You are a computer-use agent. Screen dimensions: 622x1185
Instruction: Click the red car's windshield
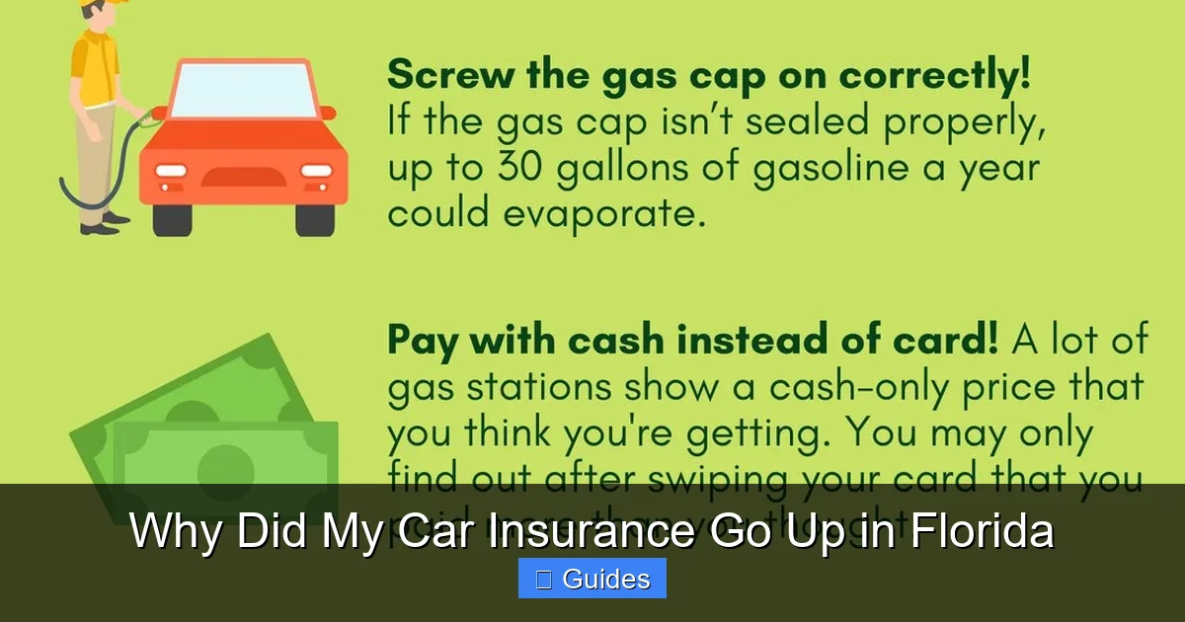[242, 91]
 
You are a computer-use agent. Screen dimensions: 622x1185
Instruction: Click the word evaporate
[612, 212]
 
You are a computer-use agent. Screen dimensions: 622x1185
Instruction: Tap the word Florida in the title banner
[982, 532]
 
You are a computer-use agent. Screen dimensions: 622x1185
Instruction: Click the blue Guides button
[592, 579]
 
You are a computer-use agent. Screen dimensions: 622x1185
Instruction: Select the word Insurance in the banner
[572, 532]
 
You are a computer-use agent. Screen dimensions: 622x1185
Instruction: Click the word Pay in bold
[423, 341]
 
